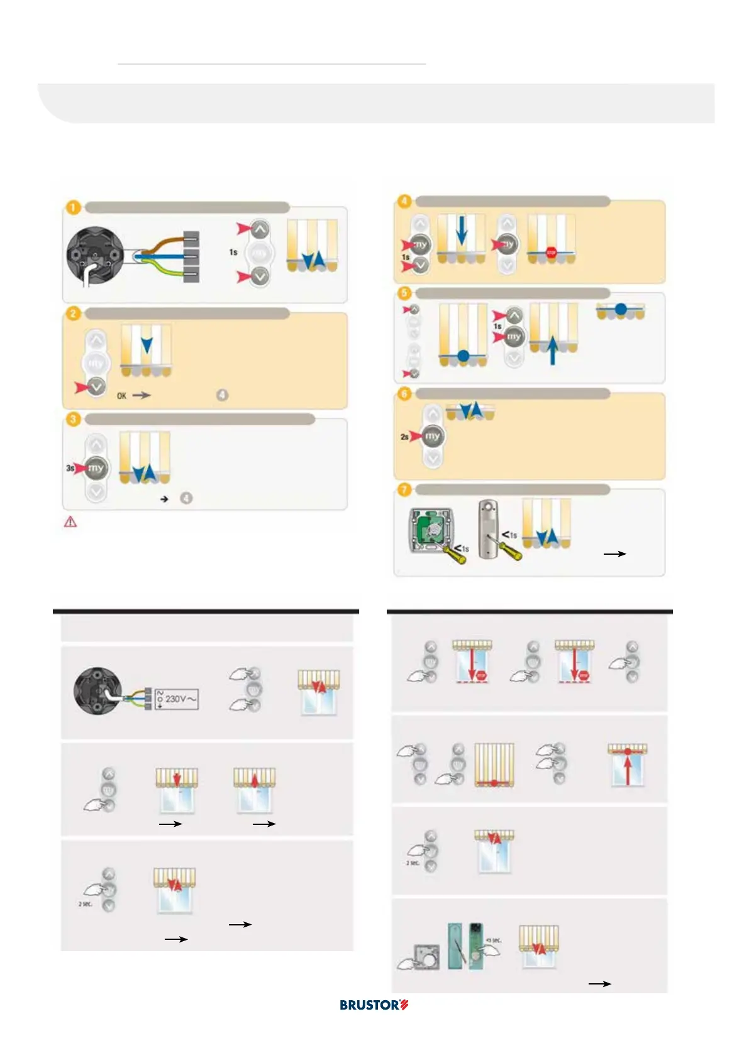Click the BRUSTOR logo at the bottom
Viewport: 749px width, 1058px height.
(x=374, y=1005)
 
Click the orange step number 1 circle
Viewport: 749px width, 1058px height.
(x=74, y=207)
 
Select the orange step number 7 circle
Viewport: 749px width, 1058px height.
(x=404, y=489)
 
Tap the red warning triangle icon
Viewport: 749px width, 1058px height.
(x=70, y=521)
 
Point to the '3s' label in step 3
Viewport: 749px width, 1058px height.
(x=70, y=468)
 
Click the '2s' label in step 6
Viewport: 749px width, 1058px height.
(x=404, y=436)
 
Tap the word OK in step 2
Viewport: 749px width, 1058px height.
(x=121, y=396)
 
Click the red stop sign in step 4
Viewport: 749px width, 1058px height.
(x=551, y=253)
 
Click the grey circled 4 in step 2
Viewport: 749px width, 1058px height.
(x=222, y=395)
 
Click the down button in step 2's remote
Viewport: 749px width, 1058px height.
(x=96, y=387)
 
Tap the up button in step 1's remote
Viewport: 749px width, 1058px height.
(x=260, y=229)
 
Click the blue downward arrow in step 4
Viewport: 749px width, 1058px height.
(x=461, y=231)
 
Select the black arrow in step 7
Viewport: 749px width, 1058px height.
(x=614, y=554)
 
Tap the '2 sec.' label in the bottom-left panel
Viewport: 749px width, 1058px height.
(x=85, y=903)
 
